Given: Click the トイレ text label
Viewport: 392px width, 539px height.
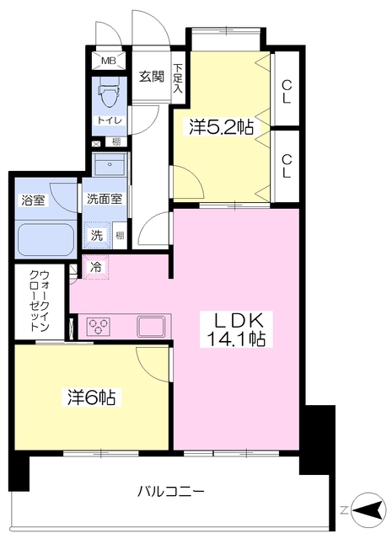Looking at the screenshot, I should [x=108, y=120].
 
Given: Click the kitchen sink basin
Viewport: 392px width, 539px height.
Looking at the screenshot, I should [x=152, y=324].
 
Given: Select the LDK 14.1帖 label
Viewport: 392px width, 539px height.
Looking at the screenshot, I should [x=237, y=330].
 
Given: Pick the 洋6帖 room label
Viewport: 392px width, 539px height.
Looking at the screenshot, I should [x=92, y=395].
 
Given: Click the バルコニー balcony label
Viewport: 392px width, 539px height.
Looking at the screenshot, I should [x=172, y=490].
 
